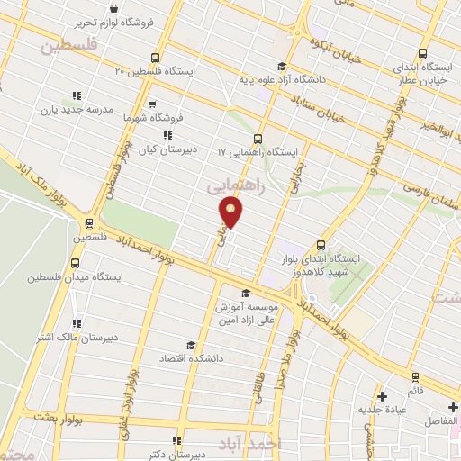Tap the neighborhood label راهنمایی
pos(235,185)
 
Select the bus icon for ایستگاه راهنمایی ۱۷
pos(258,139)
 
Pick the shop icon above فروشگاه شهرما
pos(151,104)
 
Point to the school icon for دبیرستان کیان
pos(166,135)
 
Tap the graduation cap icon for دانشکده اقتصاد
pos(190,345)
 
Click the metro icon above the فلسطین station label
pos(89,223)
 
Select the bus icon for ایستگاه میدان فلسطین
pos(75,264)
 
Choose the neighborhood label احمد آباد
pos(275,443)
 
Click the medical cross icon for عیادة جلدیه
pos(383,396)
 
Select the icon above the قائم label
pos(415,376)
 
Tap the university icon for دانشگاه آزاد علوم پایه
pos(282,65)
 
